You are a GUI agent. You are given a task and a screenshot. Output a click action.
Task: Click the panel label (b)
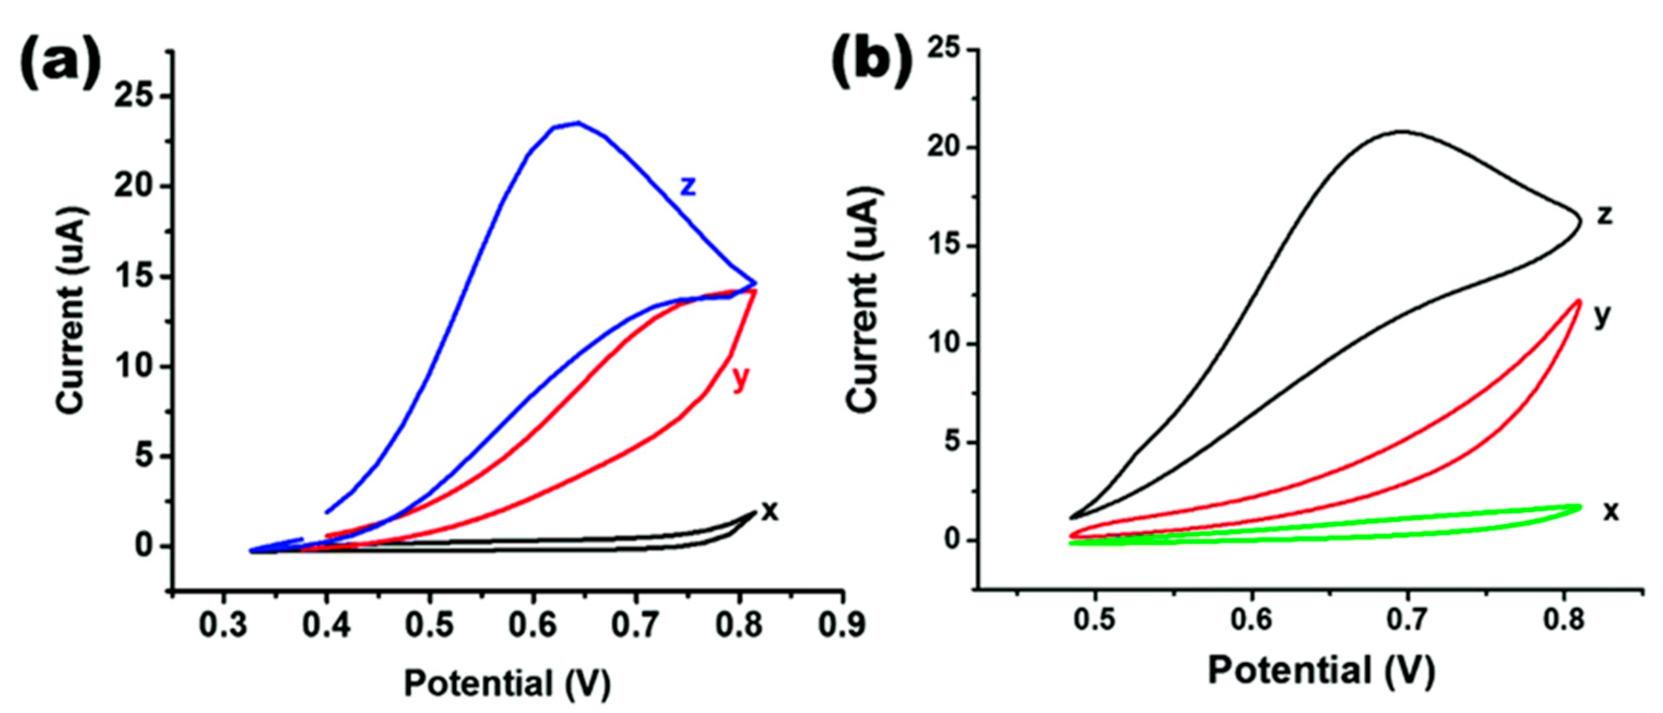coord(872,64)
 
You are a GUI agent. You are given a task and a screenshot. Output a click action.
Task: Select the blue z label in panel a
coord(689,186)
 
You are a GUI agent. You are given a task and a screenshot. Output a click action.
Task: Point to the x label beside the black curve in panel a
coord(770,511)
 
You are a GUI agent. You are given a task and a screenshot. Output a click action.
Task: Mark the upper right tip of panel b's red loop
coord(1578,301)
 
